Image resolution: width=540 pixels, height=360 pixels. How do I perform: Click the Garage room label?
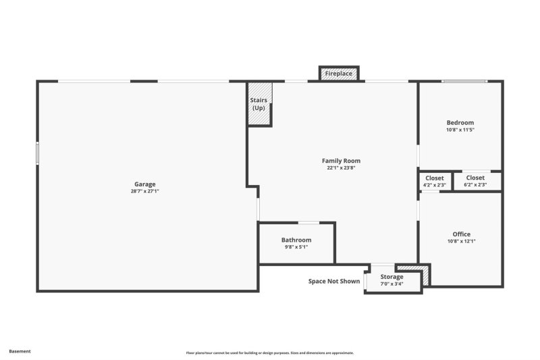144,184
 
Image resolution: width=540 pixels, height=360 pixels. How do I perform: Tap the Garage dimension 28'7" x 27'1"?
144,191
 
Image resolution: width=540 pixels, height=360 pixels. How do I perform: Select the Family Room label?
341,161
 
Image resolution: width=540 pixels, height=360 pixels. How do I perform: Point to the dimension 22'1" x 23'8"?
341,168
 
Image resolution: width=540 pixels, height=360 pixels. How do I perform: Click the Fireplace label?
339,73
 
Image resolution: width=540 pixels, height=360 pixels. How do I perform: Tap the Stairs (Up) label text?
259,104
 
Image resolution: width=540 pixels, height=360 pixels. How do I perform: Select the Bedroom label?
460,122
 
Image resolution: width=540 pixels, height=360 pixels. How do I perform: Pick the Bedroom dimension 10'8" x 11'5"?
460,130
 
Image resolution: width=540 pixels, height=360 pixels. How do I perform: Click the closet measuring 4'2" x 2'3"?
434,181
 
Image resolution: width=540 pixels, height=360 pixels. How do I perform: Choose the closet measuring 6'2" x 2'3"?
475,181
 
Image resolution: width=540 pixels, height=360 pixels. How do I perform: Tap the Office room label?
462,234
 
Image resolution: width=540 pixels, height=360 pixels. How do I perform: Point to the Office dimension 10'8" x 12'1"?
462,241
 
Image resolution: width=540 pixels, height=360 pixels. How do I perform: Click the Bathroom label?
296,240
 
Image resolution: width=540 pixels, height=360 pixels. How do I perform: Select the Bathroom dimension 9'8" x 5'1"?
296,247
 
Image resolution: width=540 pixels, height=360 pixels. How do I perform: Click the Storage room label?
391,277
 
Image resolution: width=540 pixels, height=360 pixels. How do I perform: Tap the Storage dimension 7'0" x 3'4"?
391,284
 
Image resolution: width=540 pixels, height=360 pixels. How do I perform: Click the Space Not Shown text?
334,282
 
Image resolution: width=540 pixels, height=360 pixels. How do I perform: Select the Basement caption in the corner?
20,351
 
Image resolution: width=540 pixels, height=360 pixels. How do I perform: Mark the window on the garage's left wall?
37,153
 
